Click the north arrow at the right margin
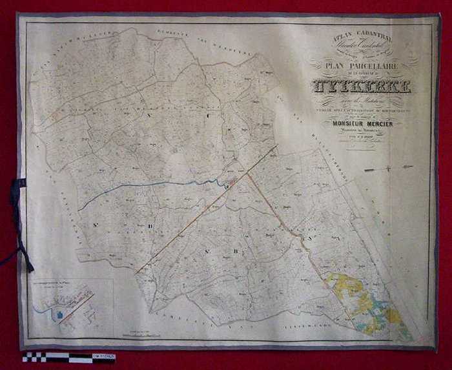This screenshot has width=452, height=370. pos(387,169)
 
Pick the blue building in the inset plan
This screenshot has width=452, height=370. pos(62,314)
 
